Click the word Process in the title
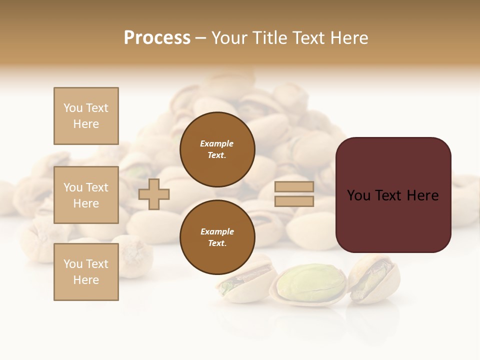point(157,38)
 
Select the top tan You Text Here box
point(86,116)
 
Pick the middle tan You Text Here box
point(86,195)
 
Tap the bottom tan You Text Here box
point(86,272)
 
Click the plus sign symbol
point(154,194)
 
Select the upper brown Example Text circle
point(217,149)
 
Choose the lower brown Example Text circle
point(217,237)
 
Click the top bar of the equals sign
point(294,187)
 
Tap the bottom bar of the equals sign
point(294,201)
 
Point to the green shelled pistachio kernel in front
point(311,283)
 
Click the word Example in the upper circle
point(217,144)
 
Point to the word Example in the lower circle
point(217,232)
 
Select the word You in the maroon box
point(358,195)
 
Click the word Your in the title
point(230,38)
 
